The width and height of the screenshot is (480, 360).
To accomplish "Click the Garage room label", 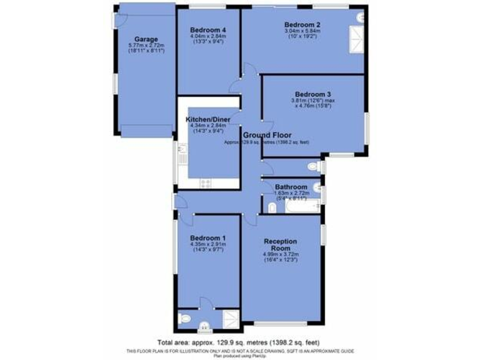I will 143,39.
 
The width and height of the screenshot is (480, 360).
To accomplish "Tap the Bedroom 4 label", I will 208,29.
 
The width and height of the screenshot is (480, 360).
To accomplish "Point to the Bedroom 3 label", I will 312,94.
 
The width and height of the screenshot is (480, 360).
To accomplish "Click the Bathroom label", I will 291,186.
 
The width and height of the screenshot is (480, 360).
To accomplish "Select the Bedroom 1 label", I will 207,238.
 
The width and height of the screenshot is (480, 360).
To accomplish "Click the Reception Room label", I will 280,244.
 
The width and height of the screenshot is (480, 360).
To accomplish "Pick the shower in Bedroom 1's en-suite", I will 230,320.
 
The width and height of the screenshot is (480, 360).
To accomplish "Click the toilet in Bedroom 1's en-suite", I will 184,319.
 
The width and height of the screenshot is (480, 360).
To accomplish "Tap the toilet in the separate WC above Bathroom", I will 315,166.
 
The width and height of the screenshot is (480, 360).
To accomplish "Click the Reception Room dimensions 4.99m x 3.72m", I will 281,254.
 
